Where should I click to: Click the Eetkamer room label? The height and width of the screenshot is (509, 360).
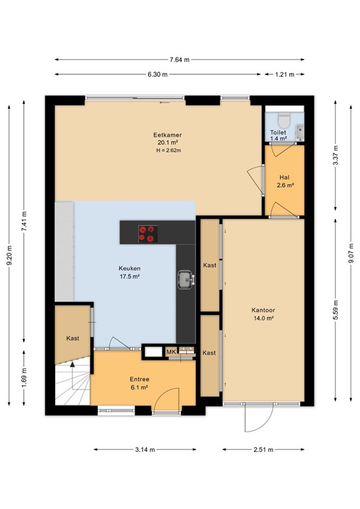tap(168, 135)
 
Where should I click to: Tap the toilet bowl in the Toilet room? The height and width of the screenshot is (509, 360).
tap(284, 120)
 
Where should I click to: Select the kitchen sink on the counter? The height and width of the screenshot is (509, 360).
tap(186, 280)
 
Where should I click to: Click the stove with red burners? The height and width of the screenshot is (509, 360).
tap(148, 234)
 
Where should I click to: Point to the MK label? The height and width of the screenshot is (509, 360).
tap(171, 352)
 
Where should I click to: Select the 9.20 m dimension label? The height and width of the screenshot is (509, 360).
tap(9, 254)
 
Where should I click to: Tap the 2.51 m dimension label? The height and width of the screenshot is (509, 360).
tap(263, 449)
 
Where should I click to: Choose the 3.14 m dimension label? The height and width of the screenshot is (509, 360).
tap(145, 449)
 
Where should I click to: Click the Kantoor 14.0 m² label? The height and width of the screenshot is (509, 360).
tap(263, 314)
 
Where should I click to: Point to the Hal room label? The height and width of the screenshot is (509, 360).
tap(284, 178)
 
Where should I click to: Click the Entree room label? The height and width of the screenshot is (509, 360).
tap(139, 379)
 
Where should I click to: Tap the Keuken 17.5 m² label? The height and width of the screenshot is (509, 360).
tap(129, 272)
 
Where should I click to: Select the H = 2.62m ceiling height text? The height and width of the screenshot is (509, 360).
tap(168, 150)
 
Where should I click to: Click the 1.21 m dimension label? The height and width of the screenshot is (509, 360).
tap(284, 74)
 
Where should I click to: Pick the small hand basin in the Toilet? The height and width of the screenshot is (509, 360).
tap(300, 133)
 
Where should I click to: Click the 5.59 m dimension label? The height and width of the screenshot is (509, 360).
tap(335, 310)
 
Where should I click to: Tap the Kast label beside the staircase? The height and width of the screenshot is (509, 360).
tap(73, 338)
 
